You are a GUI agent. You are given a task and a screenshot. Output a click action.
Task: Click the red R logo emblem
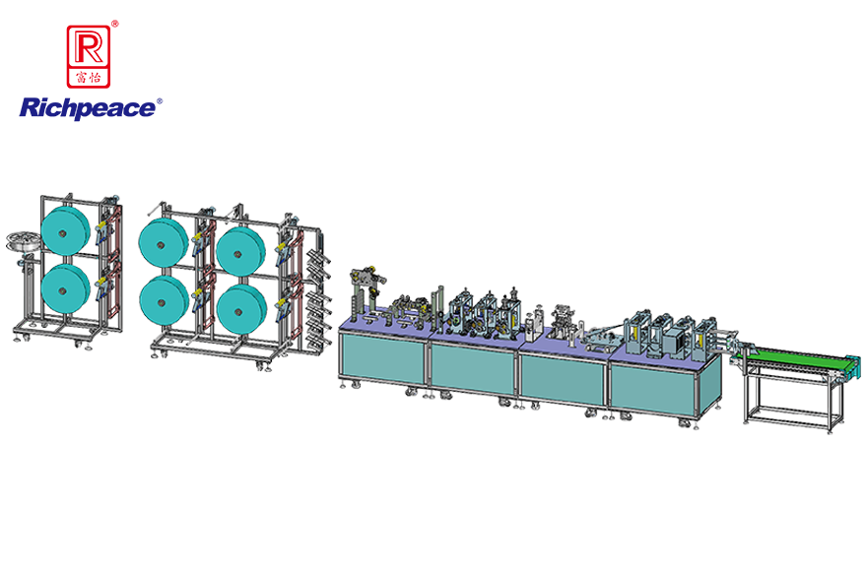click(x=89, y=56)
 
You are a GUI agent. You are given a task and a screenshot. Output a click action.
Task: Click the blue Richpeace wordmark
click(x=88, y=108)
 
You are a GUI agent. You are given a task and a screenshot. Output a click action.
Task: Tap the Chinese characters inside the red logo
click(x=89, y=77)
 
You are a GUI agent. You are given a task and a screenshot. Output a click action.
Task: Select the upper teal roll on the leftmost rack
click(x=65, y=230)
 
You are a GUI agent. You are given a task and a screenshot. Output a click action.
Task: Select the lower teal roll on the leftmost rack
click(x=65, y=288)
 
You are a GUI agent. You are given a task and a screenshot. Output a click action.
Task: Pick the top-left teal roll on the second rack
click(x=164, y=241)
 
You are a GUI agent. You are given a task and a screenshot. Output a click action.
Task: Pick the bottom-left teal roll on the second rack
click(x=164, y=300)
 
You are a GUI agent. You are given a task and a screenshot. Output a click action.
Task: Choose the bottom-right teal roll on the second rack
click(x=241, y=309)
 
